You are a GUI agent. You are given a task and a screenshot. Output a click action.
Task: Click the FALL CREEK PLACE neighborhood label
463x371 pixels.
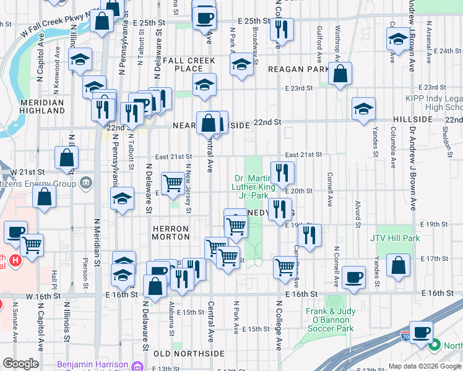coord(186,64)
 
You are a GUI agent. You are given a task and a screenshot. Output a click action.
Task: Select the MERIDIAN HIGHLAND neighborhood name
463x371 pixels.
coord(42,106)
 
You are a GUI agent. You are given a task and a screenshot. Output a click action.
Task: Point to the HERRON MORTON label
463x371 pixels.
coord(171,232)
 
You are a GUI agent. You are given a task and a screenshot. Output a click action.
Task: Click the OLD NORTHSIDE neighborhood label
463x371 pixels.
coord(188,353)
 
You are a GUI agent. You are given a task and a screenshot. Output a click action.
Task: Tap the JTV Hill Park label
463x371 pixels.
coord(395,238)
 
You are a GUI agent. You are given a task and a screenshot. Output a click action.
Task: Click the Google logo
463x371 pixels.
coord(21,364)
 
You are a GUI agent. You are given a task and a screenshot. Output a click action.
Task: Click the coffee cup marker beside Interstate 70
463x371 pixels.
coord(421,332)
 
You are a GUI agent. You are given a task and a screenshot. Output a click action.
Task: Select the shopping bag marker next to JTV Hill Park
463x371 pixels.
coord(399,265)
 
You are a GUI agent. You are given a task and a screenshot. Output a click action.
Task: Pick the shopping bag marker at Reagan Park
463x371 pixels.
coord(340,74)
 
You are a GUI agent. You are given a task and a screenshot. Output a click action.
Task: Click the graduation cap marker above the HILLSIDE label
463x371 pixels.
coord(363,108)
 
